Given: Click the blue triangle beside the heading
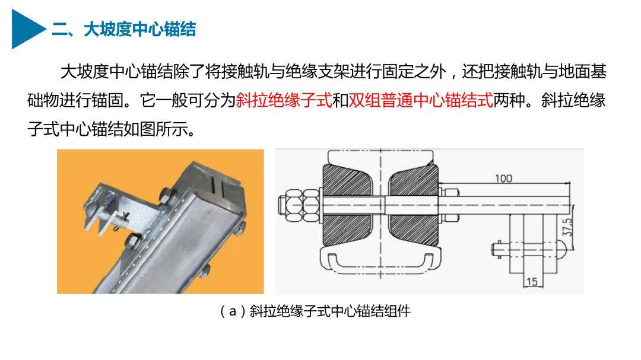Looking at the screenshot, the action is [27, 29].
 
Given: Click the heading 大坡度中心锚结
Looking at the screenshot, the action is [140, 30].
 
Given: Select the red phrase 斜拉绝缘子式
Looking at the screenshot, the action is [284, 100].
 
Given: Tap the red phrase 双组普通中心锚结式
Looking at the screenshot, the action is [421, 100].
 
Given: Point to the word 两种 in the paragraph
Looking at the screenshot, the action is [509, 100].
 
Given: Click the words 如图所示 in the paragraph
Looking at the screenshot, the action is [156, 129].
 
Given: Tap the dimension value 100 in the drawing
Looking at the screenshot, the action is [503, 179].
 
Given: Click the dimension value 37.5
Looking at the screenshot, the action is [567, 227].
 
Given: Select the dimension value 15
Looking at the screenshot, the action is [531, 282].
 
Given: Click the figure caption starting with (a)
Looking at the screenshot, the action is [315, 311].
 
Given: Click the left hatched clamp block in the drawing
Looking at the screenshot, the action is [347, 204].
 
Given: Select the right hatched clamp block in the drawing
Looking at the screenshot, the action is [413, 204].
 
